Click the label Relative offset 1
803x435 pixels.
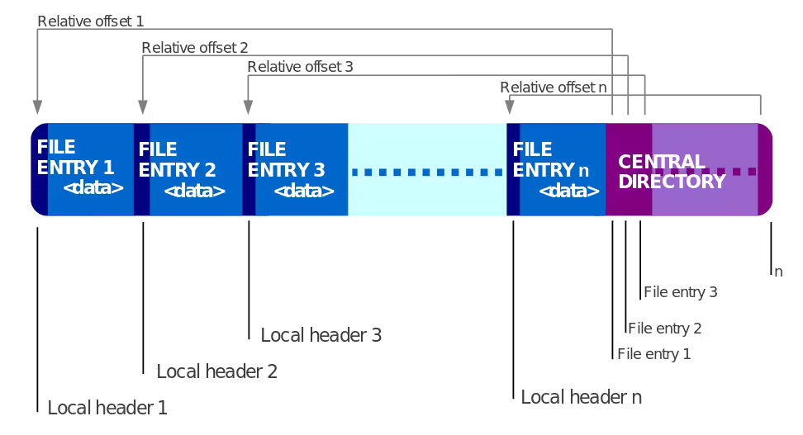[91, 21]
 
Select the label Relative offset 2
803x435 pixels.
[195, 48]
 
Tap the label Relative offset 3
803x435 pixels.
[300, 67]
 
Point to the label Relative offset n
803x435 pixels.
[554, 87]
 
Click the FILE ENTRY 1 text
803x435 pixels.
[75, 157]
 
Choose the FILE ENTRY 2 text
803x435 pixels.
[177, 160]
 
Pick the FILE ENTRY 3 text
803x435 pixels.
[286, 160]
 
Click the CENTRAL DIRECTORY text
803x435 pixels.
[672, 172]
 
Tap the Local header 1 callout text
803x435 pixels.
[107, 408]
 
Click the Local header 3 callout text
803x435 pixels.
[321, 335]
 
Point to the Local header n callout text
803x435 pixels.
[582, 397]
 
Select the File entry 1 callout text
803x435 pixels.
[653, 355]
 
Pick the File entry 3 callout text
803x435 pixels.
[680, 292]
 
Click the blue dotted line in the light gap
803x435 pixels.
[427, 173]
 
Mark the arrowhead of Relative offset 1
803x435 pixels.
[37, 107]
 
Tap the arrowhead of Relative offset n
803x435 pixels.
[511, 107]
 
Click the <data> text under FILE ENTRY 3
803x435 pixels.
[303, 191]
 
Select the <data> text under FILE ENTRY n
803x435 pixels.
[569, 191]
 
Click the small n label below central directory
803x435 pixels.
[777, 272]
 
